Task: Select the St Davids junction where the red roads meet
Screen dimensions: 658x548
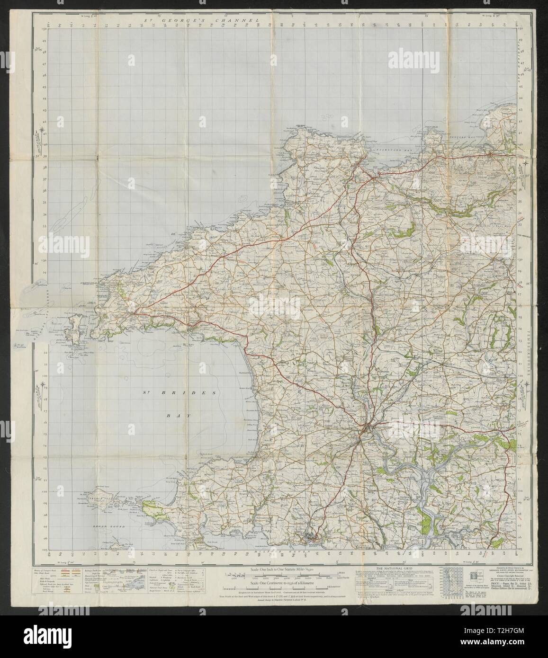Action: (136, 312)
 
